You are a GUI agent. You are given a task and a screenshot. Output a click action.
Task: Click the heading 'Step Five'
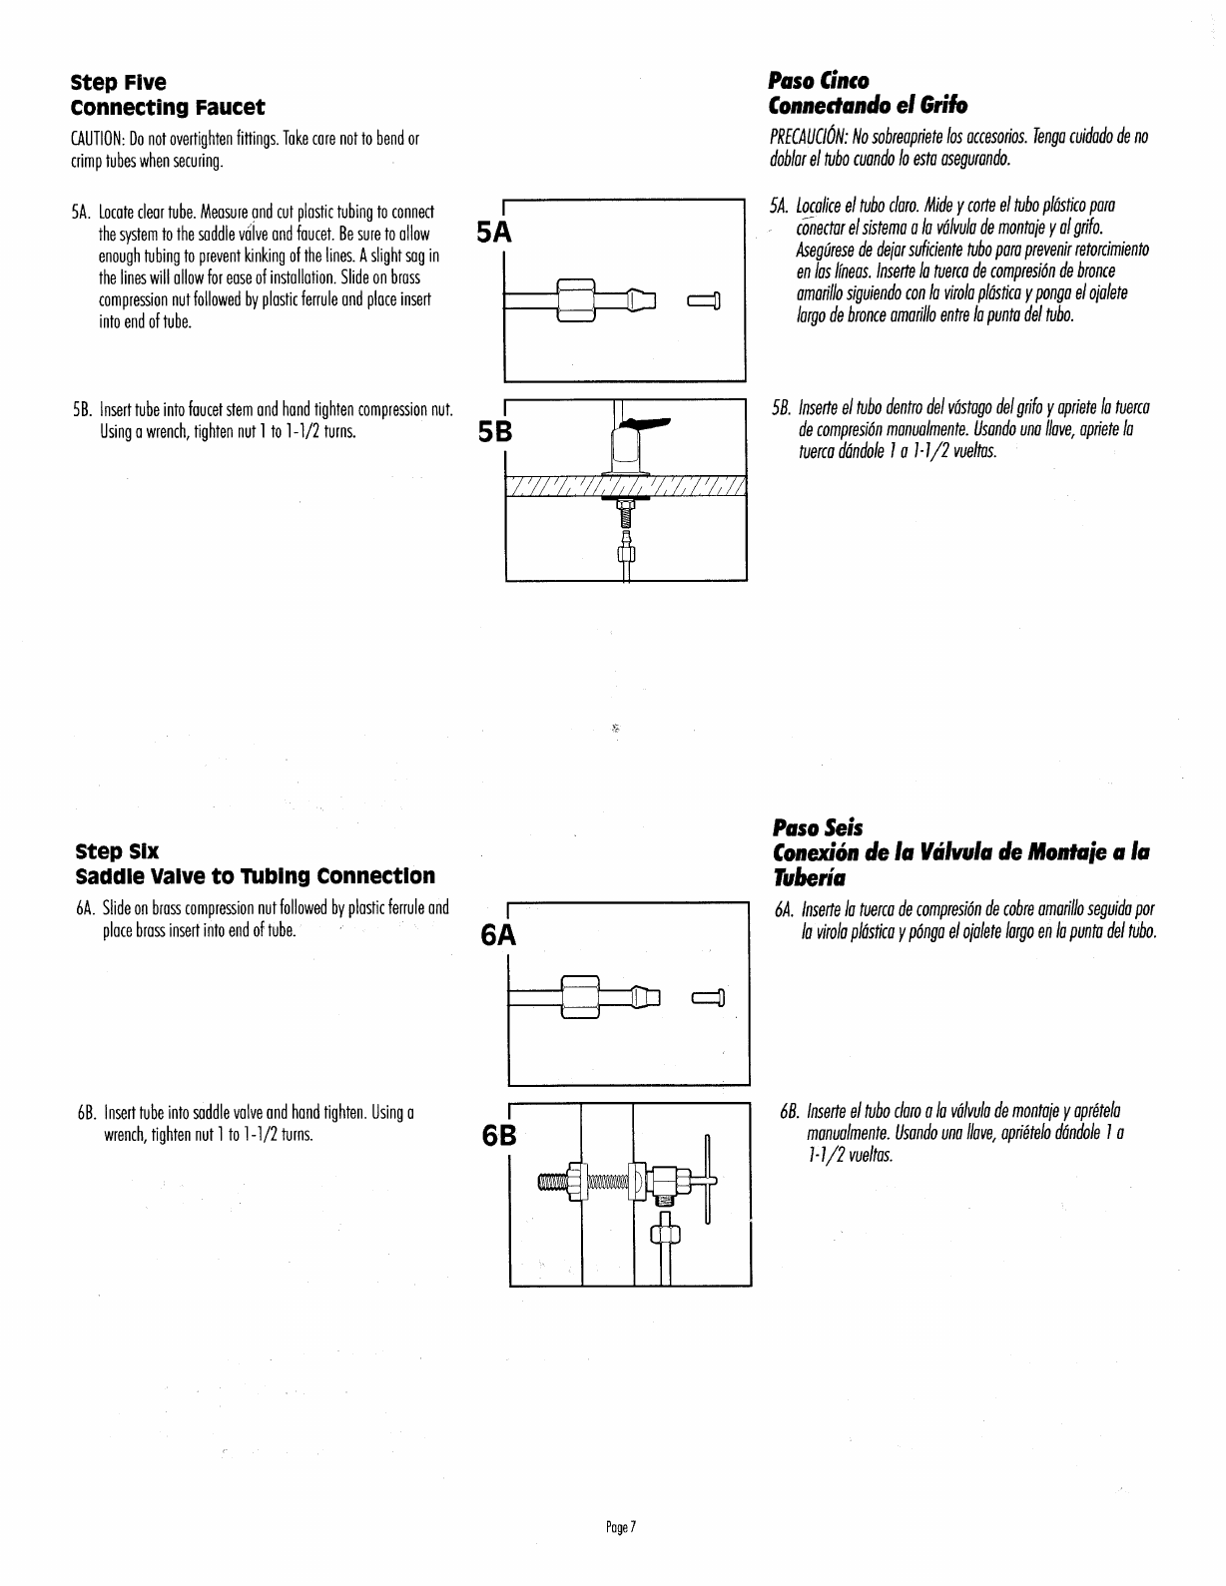point(118,82)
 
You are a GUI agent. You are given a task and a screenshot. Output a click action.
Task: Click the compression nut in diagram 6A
point(579,996)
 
